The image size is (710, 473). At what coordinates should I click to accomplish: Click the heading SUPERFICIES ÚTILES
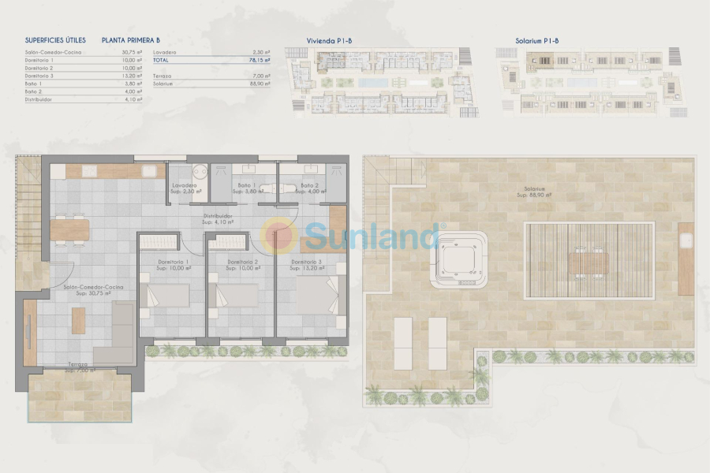tap(55, 39)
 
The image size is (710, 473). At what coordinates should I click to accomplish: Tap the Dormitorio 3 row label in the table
tap(39, 76)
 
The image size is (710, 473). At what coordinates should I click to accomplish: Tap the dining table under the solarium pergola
tap(590, 260)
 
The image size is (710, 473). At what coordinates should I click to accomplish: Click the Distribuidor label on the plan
tap(216, 218)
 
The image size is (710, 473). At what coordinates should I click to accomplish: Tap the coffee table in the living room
tap(79, 319)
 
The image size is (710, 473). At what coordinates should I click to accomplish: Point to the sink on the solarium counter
tap(686, 238)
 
